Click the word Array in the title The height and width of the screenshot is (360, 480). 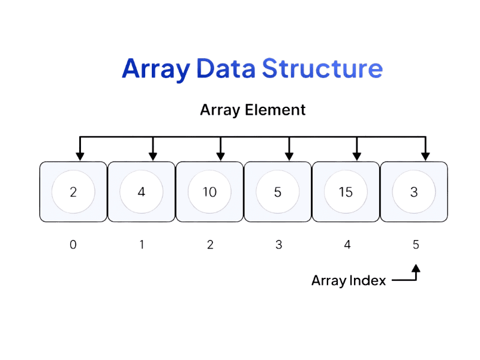[x=155, y=69]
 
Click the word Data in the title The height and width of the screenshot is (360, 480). [x=226, y=68]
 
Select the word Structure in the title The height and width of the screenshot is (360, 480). [x=323, y=68]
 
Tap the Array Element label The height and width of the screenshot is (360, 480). [x=253, y=110]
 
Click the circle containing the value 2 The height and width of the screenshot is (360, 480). [x=73, y=192]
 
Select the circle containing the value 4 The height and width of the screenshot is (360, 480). [x=142, y=192]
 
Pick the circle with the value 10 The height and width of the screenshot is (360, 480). [x=209, y=192]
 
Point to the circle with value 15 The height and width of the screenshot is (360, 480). [x=346, y=192]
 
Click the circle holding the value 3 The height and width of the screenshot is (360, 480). [x=414, y=192]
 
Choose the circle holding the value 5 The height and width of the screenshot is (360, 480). [x=278, y=192]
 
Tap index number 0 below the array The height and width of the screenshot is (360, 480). [x=73, y=245]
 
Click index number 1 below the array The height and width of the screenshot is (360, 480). [x=142, y=245]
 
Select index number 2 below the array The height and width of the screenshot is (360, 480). [x=209, y=245]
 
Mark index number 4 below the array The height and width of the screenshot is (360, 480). [x=346, y=245]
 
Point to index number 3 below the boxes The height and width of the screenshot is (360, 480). [x=278, y=245]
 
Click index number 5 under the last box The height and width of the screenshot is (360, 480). [x=416, y=245]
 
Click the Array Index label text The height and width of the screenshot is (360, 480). [x=349, y=280]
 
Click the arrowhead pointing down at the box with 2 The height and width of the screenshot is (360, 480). [x=80, y=156]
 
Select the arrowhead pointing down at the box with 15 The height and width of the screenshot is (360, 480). [x=357, y=156]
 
